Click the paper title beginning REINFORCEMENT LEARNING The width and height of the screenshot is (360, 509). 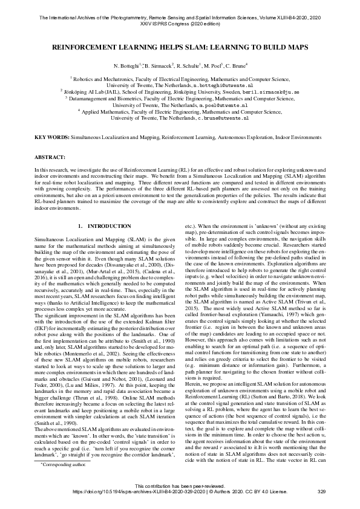pos(180,45)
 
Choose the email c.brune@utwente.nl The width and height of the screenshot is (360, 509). pos(224,118)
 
